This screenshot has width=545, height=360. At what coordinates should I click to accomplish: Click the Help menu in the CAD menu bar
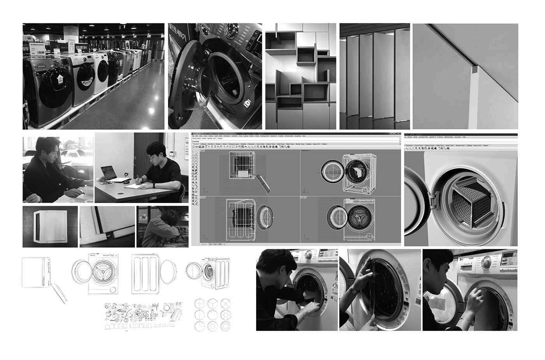click(x=304, y=136)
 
